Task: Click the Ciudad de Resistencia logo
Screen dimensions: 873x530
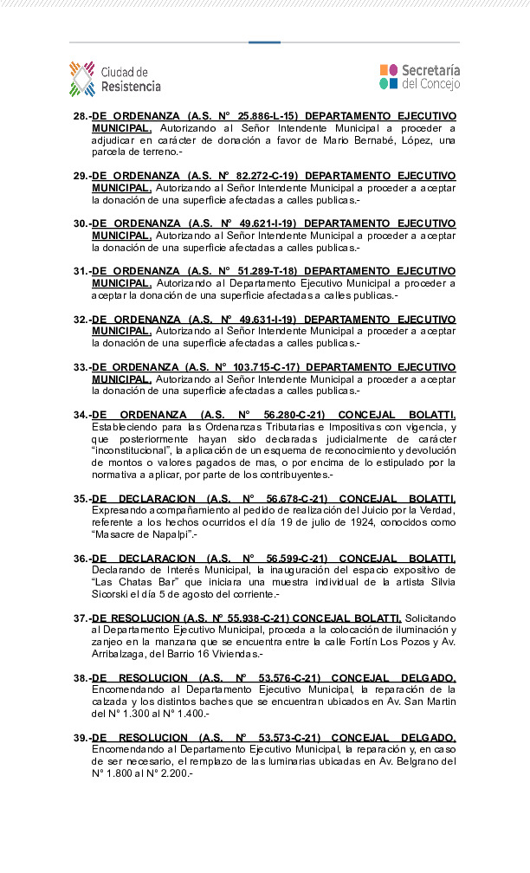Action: pos(115,79)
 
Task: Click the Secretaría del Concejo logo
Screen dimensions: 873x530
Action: pos(420,77)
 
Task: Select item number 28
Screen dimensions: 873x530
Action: pos(81,116)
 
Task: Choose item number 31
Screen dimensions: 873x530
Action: pos(81,271)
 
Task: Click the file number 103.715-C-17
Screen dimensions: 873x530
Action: pos(261,367)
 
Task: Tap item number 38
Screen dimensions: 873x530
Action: pos(81,677)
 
